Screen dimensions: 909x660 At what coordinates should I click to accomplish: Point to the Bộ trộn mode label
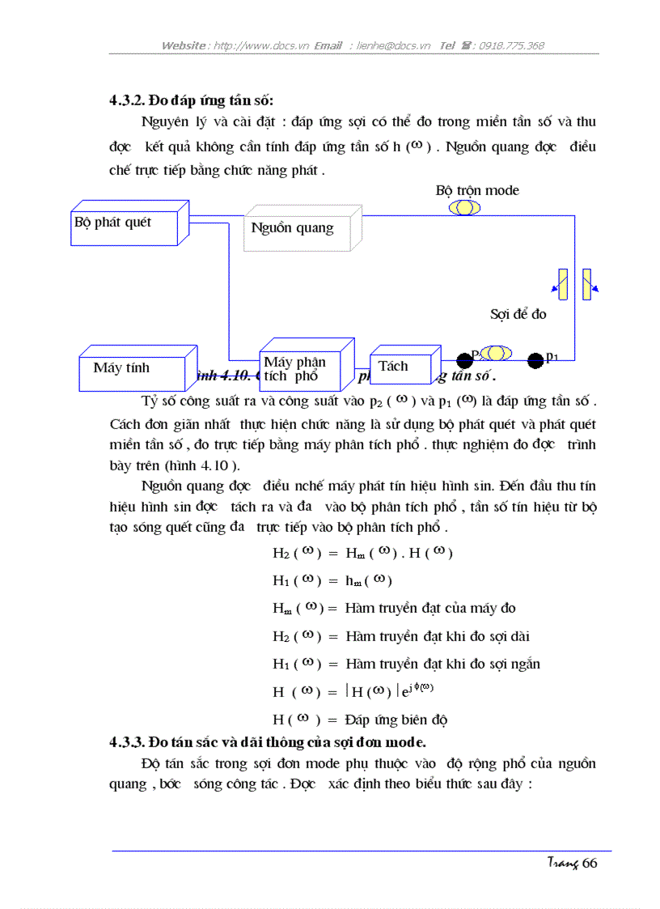pos(477,190)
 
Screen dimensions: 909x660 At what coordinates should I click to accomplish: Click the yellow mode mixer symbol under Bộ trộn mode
pos(464,207)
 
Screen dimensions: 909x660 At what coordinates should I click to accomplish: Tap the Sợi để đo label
pos(518,313)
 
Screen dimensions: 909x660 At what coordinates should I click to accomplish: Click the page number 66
pos(589,863)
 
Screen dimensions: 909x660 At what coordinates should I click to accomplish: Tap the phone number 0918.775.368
pos(511,46)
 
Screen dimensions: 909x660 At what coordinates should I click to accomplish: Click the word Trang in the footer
pos(561,864)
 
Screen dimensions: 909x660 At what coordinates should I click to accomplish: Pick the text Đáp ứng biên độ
pos(396,720)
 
